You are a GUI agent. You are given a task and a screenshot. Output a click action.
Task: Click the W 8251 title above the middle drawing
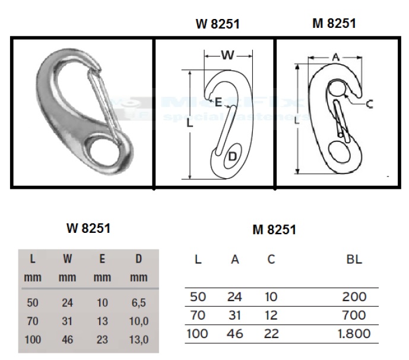click(217, 24)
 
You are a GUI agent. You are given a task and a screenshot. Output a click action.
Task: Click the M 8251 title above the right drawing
click(334, 23)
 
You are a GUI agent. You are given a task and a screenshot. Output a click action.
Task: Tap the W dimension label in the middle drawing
click(228, 55)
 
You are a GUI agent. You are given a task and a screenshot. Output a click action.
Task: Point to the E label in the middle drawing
click(218, 102)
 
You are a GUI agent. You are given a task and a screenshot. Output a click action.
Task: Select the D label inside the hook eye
click(232, 157)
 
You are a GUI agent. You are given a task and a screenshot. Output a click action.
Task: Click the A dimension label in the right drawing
click(336, 56)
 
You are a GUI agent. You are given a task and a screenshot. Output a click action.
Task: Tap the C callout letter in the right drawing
click(369, 104)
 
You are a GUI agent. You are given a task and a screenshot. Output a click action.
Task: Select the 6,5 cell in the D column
click(138, 302)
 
